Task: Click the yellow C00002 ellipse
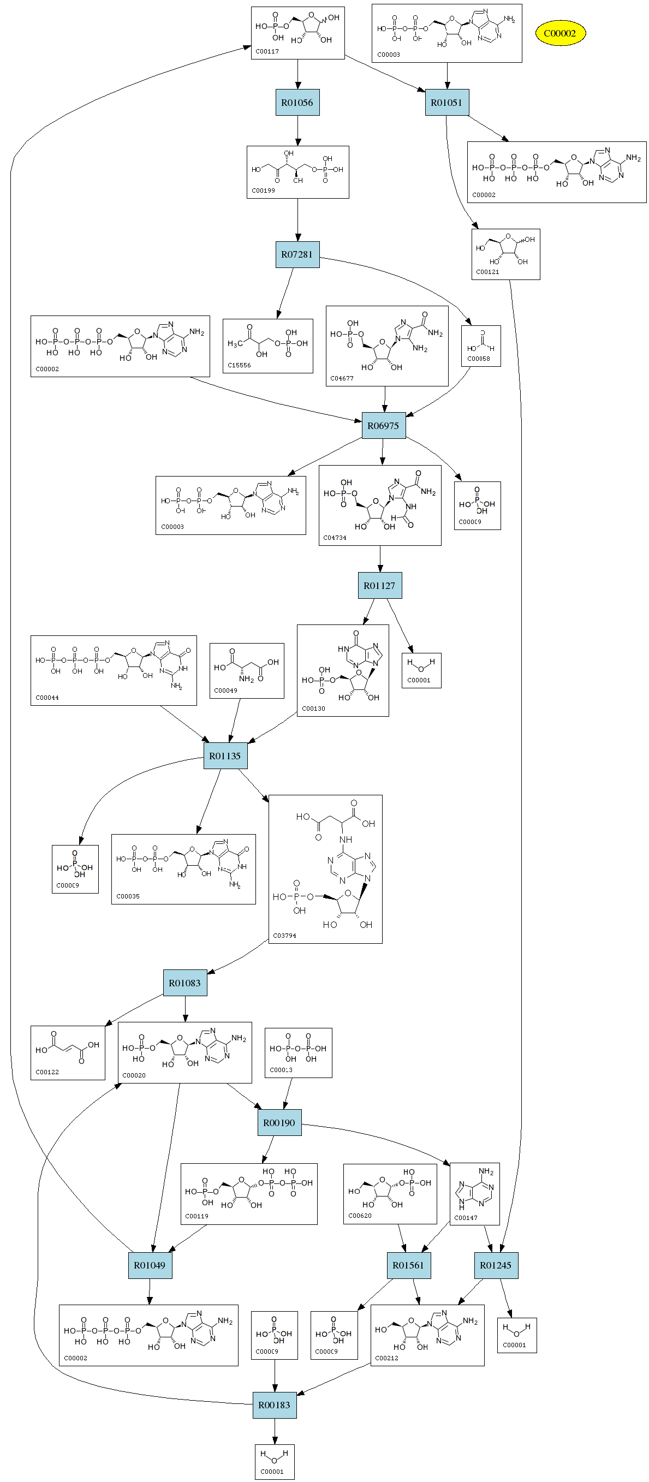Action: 560,33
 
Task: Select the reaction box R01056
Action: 297,103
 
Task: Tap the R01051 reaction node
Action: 446,103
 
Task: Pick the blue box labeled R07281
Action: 297,254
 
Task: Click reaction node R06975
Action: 383,426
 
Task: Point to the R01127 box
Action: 379,586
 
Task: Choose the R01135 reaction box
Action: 225,756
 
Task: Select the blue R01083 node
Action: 184,983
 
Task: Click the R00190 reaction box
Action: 279,1122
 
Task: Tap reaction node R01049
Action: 150,1265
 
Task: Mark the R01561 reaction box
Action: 408,1265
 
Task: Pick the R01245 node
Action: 496,1265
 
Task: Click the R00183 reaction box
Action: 275,1405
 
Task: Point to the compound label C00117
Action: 267,52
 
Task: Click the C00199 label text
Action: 263,191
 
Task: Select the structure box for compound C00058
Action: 480,346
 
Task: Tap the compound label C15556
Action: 239,365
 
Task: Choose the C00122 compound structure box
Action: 68,1052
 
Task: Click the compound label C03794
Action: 284,936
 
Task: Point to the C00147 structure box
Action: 474,1194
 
